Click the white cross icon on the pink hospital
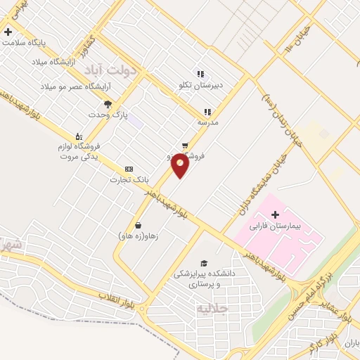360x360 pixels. (x=275, y=214)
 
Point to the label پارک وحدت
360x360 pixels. (x=106, y=115)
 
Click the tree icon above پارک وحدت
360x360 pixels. (x=107, y=103)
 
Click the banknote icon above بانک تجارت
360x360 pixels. (x=129, y=169)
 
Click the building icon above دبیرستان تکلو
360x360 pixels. (x=200, y=73)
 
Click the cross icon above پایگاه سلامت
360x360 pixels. (x=8, y=32)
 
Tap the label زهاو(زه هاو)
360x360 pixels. (x=139, y=237)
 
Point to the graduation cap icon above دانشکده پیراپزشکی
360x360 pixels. (x=204, y=262)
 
